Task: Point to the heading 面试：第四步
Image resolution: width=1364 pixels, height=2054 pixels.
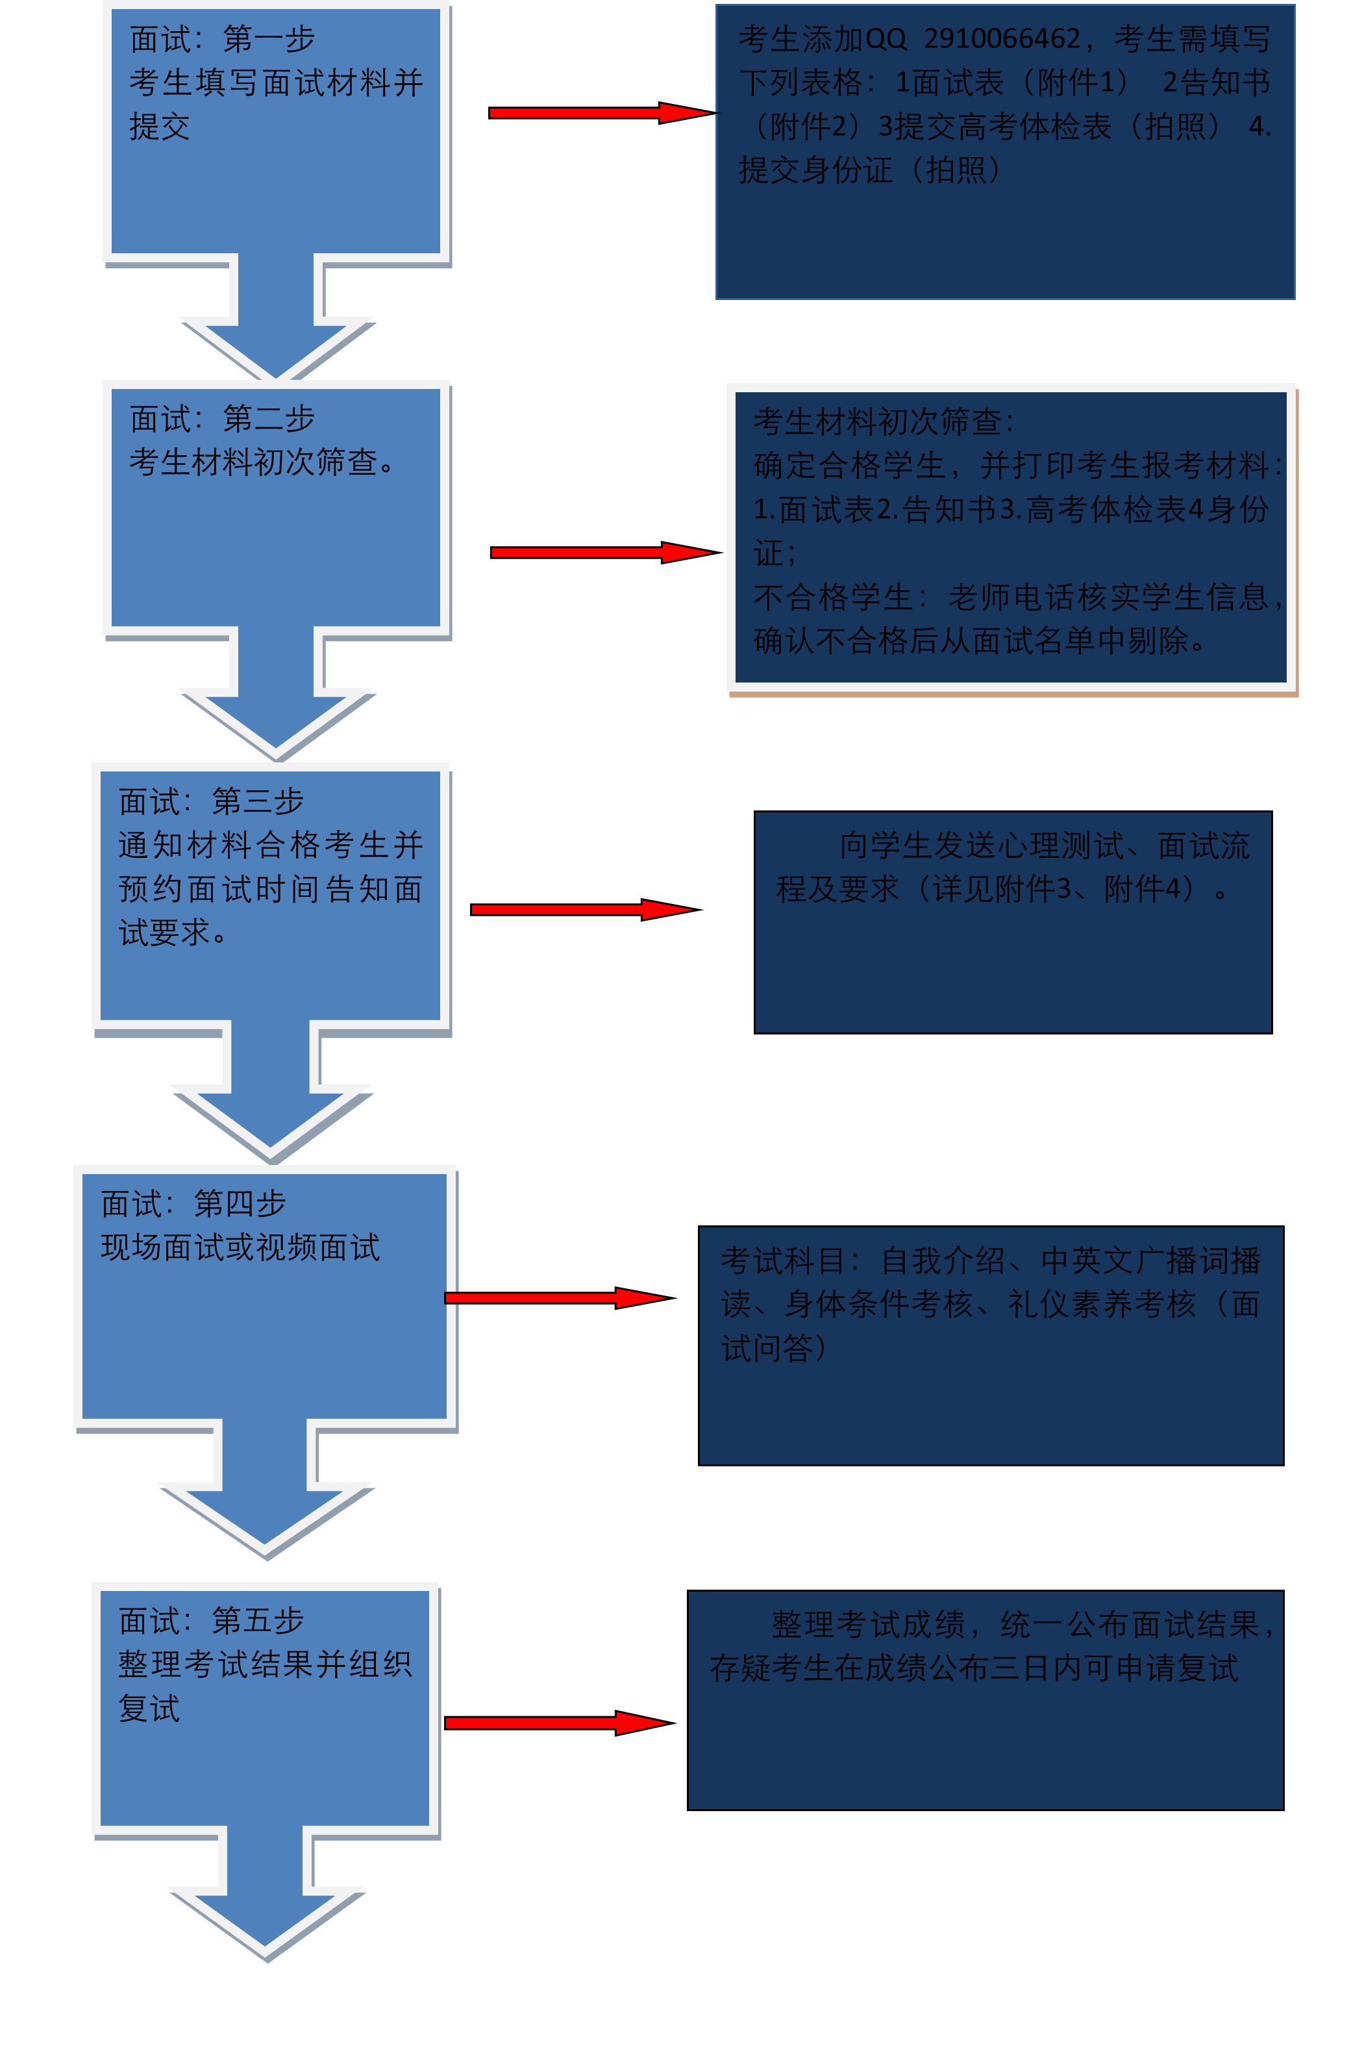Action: [x=193, y=1204]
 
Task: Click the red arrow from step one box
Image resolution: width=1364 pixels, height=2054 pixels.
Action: [x=601, y=113]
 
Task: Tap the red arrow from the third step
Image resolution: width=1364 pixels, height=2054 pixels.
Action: [x=581, y=910]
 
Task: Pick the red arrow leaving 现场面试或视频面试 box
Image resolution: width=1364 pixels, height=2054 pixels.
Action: [x=555, y=1298]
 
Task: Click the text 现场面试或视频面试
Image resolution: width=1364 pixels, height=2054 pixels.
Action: [x=240, y=1248]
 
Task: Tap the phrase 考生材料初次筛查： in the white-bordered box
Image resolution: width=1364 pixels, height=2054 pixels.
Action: [x=883, y=422]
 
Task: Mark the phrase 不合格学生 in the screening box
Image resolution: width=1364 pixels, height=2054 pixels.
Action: [x=832, y=597]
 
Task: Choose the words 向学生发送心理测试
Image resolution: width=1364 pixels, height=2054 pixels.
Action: [x=981, y=845]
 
